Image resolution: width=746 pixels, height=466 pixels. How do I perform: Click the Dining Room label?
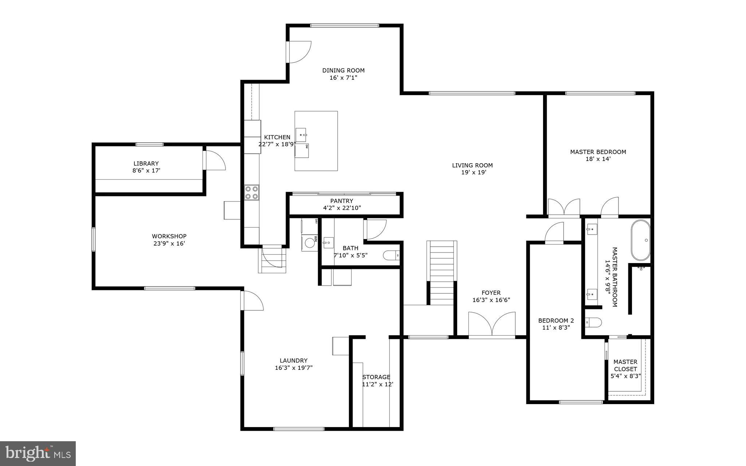click(343, 70)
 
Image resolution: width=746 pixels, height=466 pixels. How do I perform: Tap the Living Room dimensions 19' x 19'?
click(474, 172)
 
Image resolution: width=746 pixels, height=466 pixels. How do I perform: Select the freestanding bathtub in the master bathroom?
click(640, 240)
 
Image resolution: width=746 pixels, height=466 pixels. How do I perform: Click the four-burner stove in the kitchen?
click(251, 192)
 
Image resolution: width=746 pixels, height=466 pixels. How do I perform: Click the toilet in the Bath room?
click(391, 255)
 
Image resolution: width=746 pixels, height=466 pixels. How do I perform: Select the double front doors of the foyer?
click(492, 324)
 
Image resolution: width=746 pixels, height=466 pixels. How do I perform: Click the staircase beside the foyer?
click(441, 271)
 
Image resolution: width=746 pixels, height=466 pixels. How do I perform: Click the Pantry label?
click(341, 201)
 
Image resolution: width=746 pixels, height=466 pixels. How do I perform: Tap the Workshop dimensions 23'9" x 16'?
click(169, 243)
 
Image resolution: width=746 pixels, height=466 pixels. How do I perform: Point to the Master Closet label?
click(625, 365)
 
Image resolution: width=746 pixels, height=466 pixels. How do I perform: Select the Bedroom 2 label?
click(556, 320)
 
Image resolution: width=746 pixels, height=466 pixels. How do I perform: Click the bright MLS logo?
click(38, 453)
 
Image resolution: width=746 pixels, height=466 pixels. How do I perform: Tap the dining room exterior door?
click(299, 52)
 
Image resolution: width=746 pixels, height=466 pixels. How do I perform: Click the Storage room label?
click(376, 377)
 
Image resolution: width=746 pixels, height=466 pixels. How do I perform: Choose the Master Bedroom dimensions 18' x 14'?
click(597, 159)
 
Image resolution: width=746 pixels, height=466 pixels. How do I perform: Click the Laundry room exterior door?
click(252, 301)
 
